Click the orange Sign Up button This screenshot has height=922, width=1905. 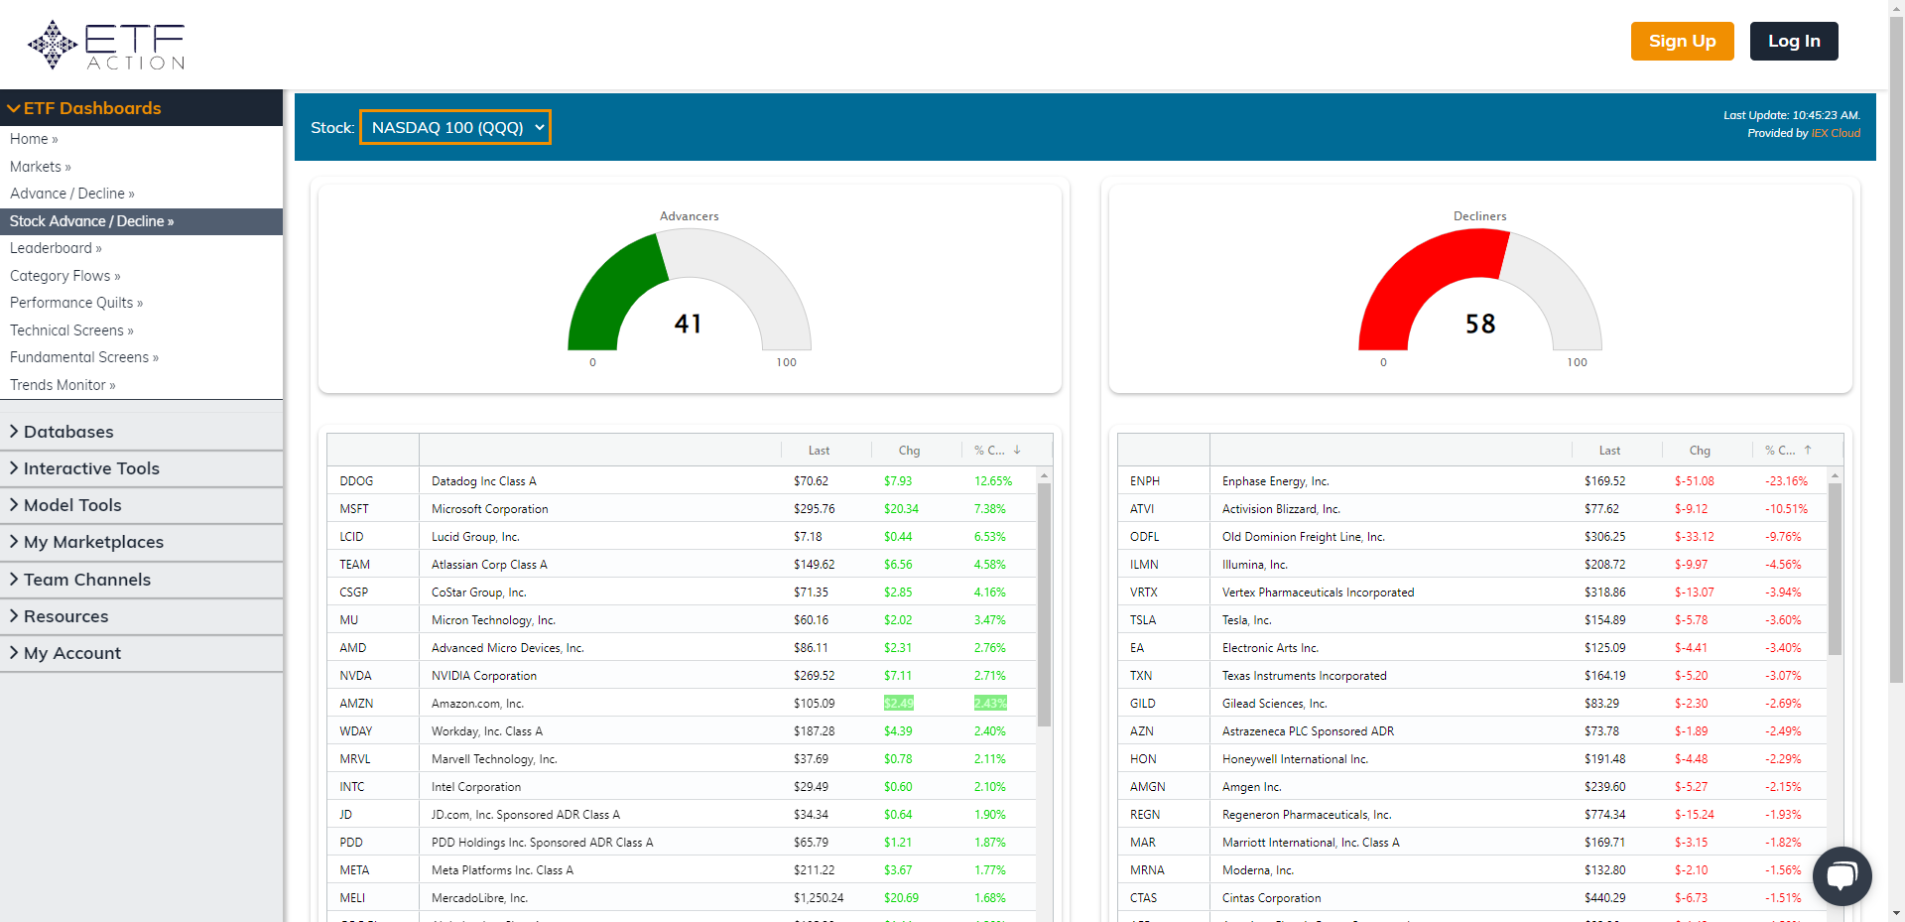(1682, 42)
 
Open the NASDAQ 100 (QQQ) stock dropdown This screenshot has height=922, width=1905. (455, 127)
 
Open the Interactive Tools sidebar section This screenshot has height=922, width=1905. (91, 468)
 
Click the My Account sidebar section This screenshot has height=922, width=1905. (72, 653)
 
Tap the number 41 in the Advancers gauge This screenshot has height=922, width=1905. (688, 324)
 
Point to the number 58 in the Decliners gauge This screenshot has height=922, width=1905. (1479, 324)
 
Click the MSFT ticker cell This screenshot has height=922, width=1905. (354, 509)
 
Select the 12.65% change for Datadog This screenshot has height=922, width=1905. (992, 481)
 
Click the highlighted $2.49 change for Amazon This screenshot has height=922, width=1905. (898, 704)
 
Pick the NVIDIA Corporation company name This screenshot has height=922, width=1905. (484, 676)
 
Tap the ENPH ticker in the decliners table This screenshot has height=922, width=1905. (1144, 481)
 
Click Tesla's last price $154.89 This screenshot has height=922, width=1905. (1604, 620)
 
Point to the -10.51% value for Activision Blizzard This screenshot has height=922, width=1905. (1786, 509)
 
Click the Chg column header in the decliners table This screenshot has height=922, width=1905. (1700, 451)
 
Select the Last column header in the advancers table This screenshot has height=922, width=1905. (819, 451)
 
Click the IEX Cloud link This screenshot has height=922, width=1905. (1836, 133)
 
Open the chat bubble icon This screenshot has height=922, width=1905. (1841, 875)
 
